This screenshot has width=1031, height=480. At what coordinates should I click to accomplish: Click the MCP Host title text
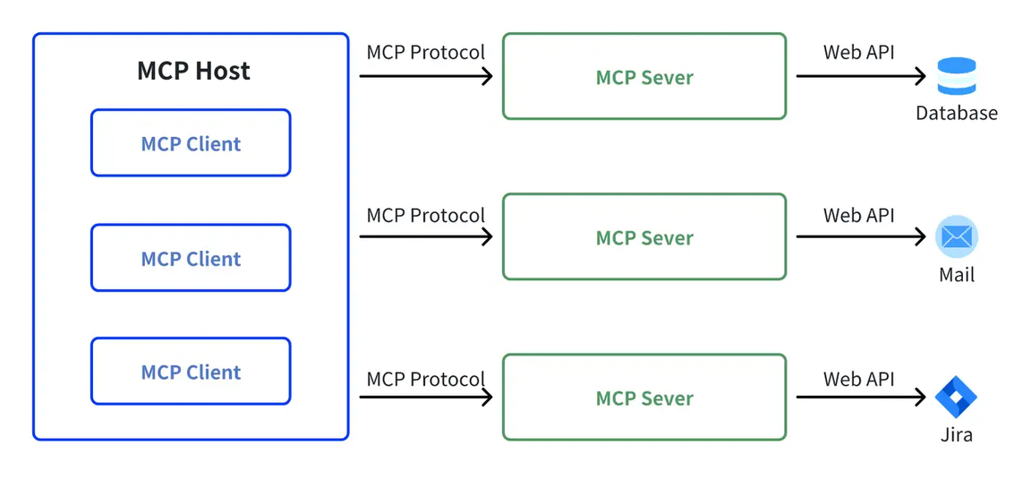193,71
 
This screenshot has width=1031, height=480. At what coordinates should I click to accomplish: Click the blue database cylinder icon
957,76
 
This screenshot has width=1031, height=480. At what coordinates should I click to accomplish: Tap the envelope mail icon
957,236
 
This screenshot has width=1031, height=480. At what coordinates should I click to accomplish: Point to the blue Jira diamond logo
956,397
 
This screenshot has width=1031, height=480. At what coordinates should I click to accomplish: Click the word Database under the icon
957,113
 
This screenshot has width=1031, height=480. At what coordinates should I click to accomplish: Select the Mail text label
957,274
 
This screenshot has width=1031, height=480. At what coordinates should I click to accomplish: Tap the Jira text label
957,434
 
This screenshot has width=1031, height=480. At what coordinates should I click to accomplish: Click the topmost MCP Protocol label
426,52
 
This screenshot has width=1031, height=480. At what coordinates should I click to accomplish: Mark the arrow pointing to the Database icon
861,76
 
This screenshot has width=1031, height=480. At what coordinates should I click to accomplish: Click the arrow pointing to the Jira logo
861,397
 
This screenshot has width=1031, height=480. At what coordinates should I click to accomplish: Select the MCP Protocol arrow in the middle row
426,236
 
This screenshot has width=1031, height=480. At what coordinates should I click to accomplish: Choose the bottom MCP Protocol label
426,379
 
